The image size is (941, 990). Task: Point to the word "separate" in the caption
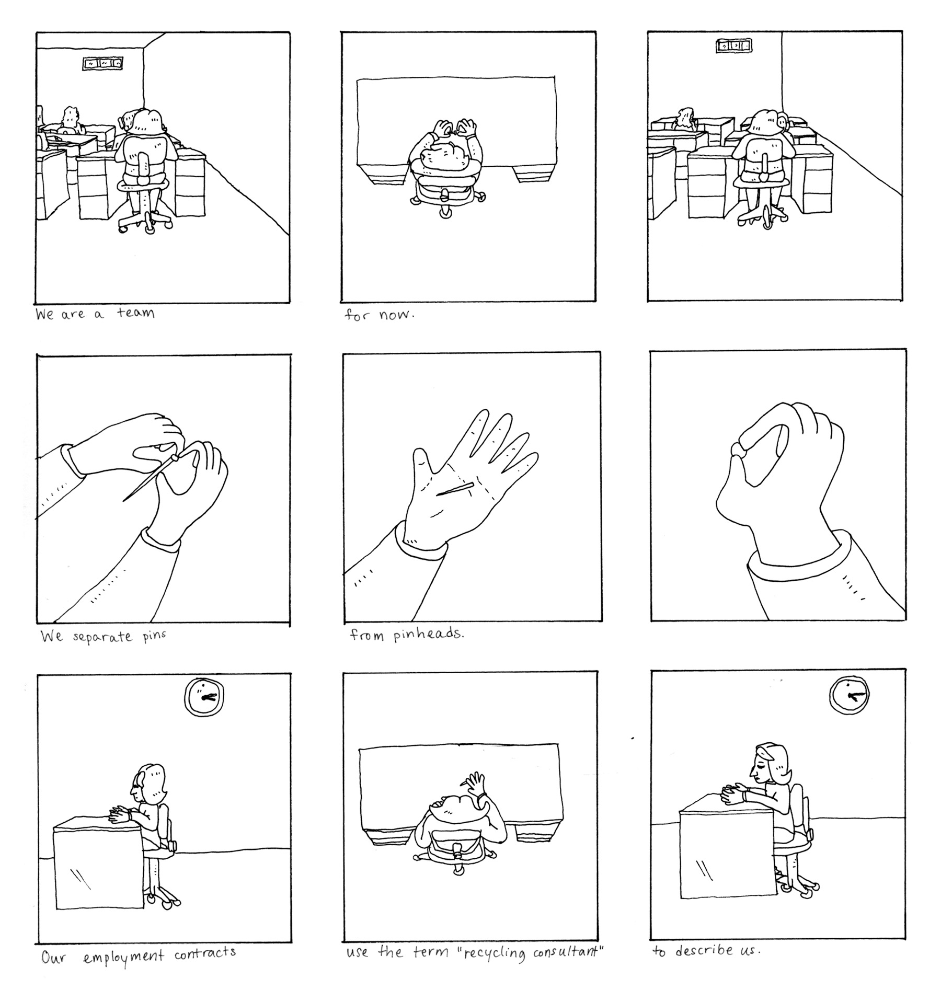102,637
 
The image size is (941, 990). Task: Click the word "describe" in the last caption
704,950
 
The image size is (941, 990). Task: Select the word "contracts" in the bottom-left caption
205,952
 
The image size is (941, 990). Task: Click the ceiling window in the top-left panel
104,64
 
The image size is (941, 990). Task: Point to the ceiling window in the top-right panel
734,47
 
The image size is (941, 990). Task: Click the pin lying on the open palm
455,489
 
